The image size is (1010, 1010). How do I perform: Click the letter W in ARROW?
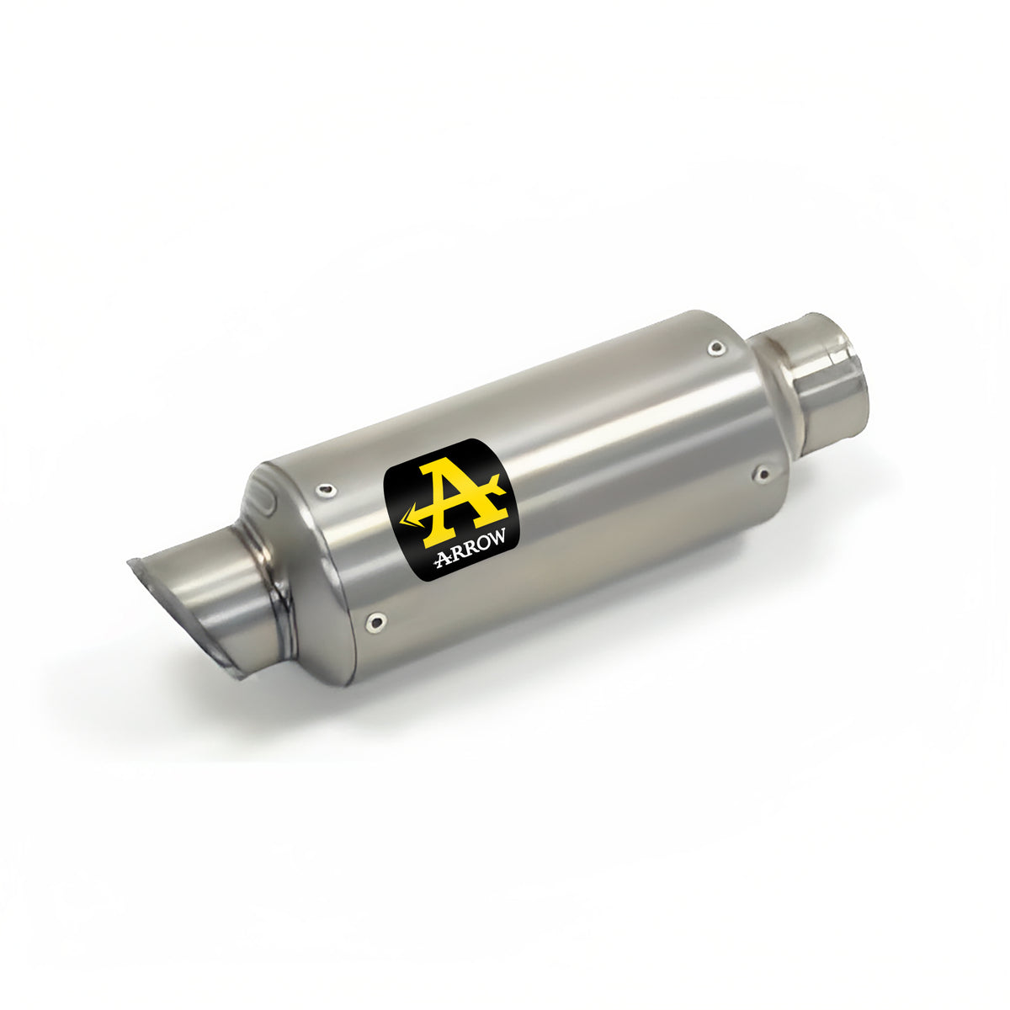point(499,540)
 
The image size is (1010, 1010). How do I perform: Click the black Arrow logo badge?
point(452,510)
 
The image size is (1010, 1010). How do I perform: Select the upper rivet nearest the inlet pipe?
point(715,346)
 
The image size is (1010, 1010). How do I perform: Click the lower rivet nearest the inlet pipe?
point(763,475)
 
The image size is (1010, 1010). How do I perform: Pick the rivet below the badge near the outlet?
point(375,623)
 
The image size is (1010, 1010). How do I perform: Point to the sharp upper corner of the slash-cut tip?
point(131,562)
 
